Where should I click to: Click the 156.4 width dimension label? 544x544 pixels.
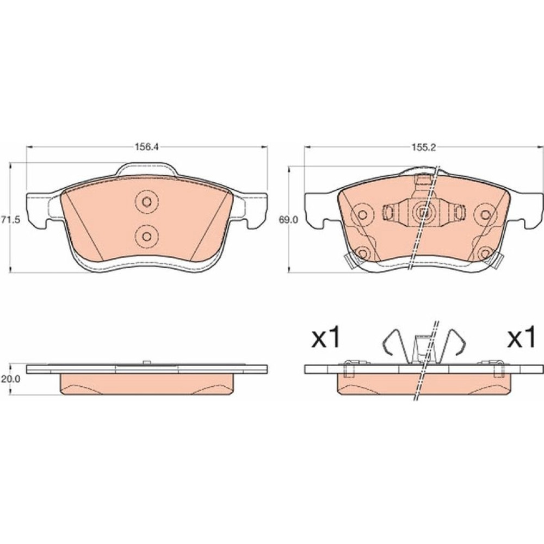coord(146,147)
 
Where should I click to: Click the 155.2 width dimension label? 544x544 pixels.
coord(423,147)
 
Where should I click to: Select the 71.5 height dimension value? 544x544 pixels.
coord(10,220)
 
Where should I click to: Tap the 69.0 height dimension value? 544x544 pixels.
coord(288,220)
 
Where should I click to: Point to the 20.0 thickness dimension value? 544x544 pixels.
coord(10,379)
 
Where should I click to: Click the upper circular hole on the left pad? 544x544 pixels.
coord(147,202)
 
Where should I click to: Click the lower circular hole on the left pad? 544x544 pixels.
coord(147,236)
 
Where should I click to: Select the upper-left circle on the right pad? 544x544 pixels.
coord(362,215)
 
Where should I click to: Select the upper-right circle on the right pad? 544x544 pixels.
coord(485,215)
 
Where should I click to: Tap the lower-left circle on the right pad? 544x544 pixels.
coord(362,254)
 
